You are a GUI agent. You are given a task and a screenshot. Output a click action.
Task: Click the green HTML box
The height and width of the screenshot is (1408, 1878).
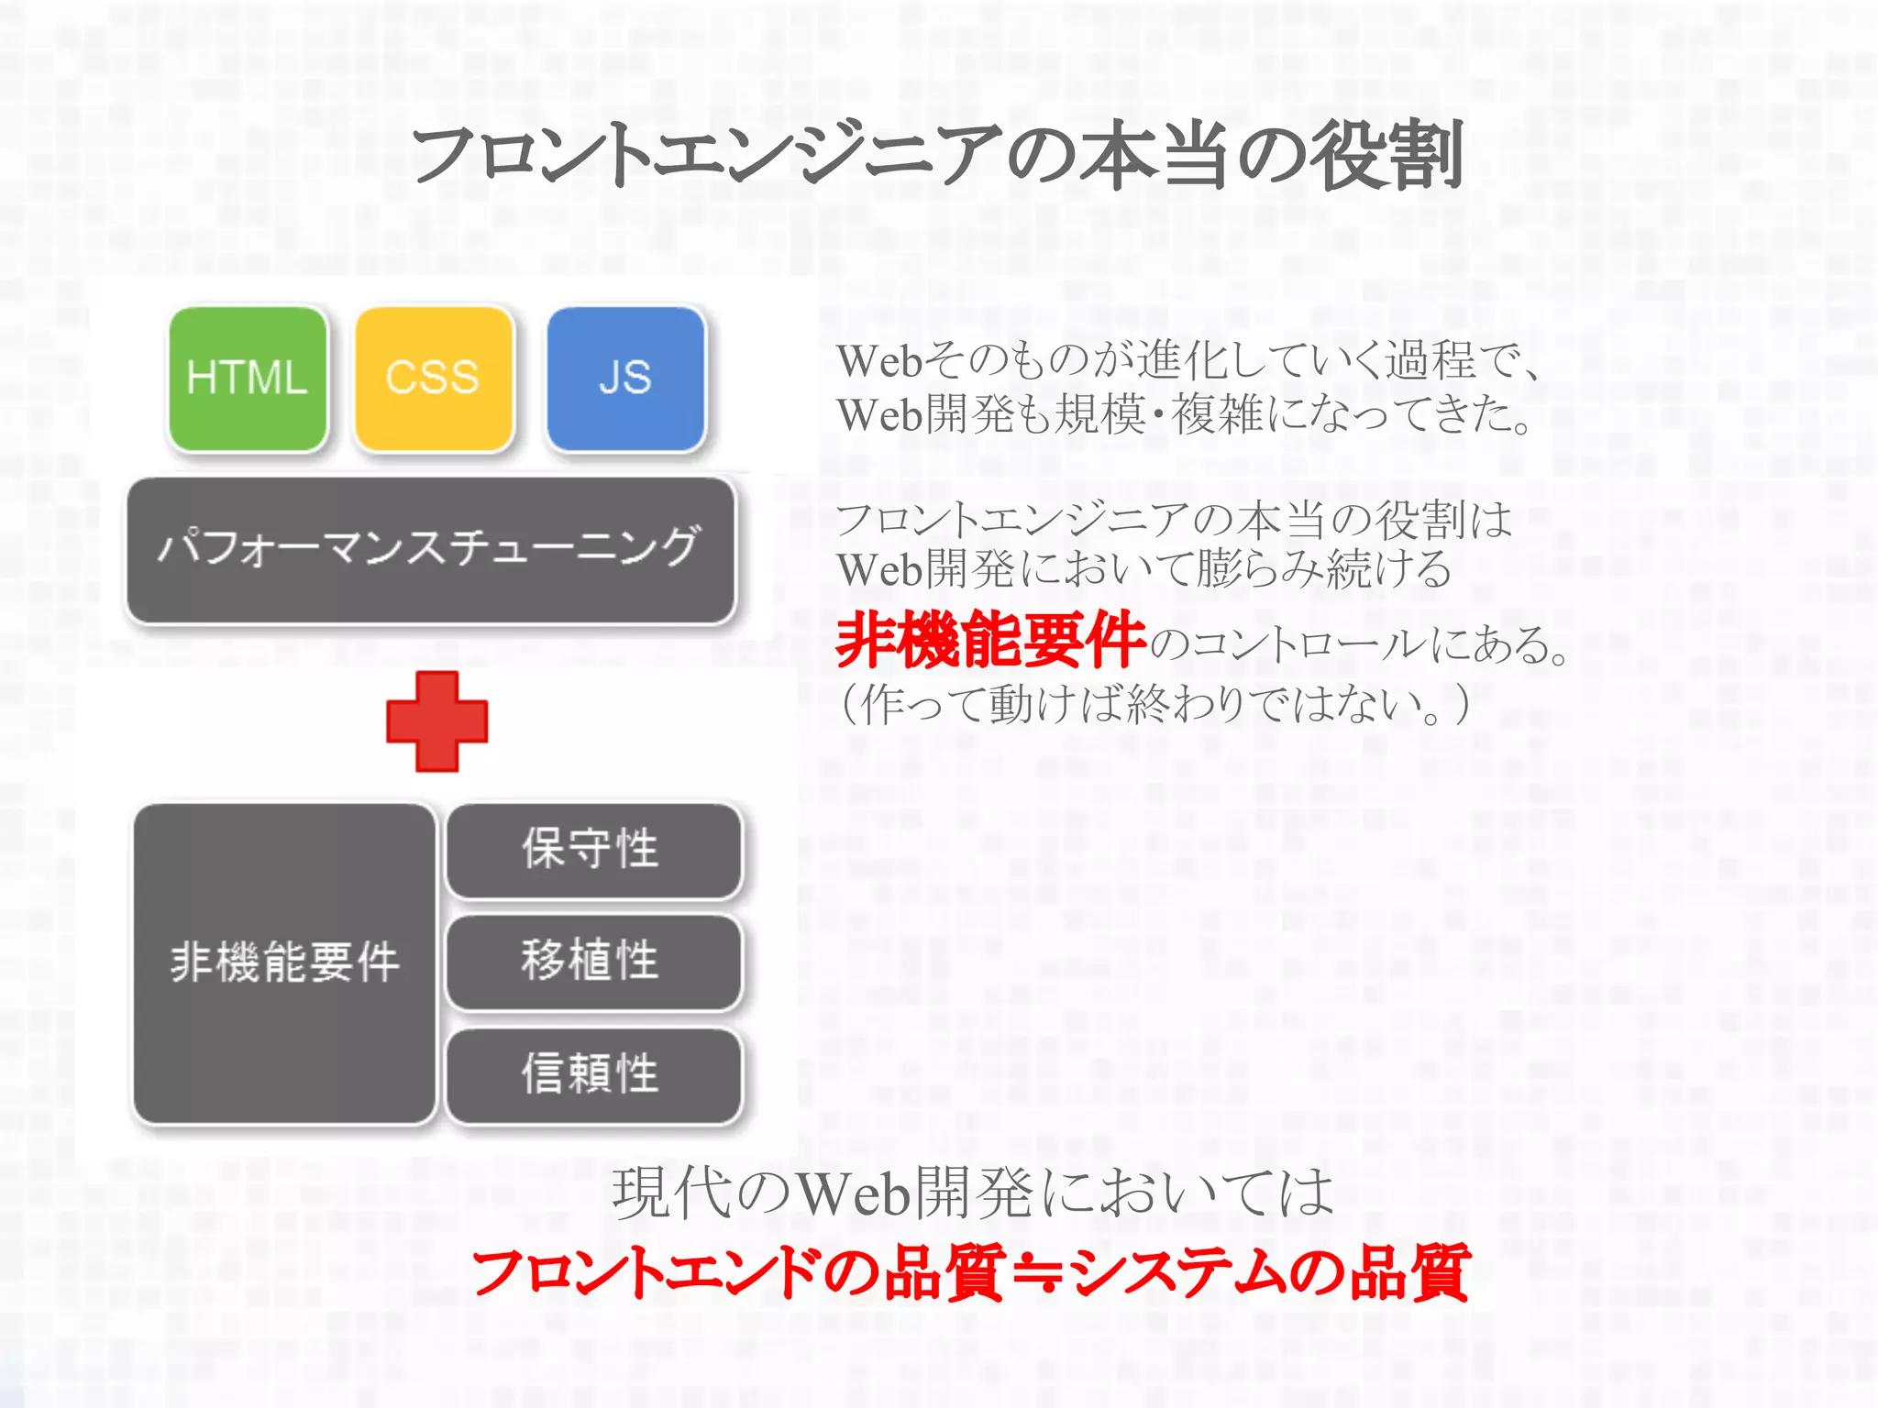point(248,378)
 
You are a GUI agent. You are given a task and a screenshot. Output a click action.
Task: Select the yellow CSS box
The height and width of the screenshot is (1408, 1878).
point(434,378)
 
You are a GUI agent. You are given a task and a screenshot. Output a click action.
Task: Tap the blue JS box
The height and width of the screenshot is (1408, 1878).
point(625,378)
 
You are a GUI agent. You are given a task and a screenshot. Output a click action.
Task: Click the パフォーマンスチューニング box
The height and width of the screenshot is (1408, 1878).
point(431,549)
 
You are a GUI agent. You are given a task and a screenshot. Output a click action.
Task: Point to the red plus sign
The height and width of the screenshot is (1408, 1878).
point(436,720)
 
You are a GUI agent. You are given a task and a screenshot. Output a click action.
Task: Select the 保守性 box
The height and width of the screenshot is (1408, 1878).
point(592,849)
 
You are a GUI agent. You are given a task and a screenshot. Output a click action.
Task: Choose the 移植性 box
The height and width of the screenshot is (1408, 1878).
point(592,961)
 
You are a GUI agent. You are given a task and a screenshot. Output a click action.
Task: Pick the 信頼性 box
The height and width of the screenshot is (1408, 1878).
point(592,1073)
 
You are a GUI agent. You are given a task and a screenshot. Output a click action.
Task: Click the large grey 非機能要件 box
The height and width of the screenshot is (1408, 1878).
point(284,962)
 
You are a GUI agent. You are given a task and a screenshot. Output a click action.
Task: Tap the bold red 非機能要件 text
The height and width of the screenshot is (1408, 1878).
point(990,640)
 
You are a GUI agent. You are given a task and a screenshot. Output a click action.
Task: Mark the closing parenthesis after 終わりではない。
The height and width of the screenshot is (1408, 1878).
point(1461,705)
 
